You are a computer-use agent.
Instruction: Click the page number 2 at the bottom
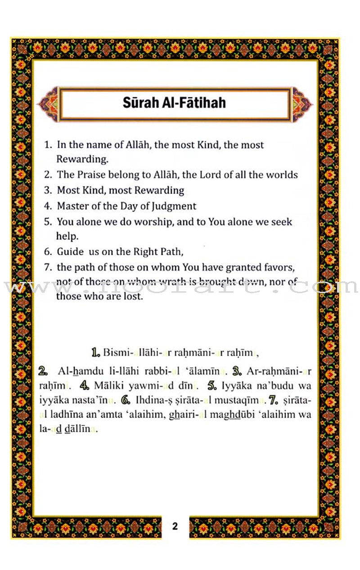(175, 526)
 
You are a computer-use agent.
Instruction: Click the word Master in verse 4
(72, 206)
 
